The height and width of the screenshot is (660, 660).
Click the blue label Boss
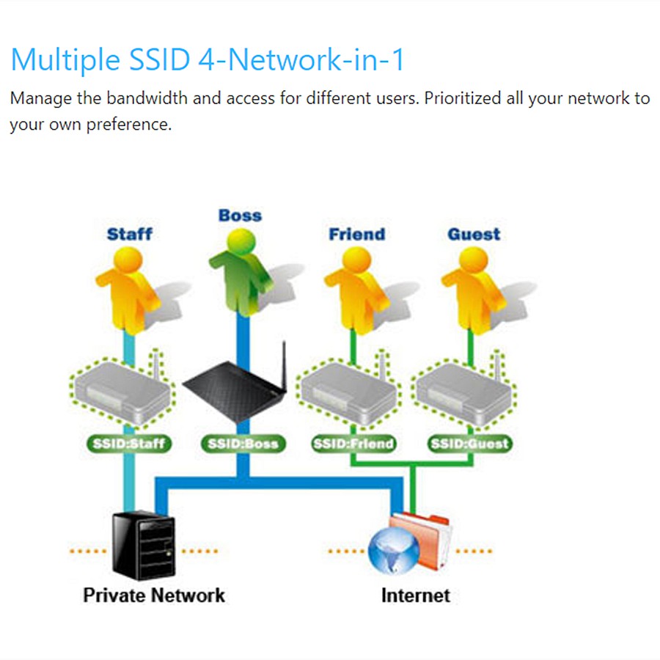(x=240, y=216)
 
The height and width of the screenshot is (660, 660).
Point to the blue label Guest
(x=474, y=235)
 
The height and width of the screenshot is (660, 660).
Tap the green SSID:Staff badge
(x=129, y=444)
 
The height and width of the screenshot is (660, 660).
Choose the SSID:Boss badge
(x=243, y=444)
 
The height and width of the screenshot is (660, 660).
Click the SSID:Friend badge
(x=353, y=444)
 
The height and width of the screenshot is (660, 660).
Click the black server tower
(x=142, y=544)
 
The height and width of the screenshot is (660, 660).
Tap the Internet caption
(x=415, y=595)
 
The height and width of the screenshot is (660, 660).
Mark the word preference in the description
(x=128, y=124)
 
